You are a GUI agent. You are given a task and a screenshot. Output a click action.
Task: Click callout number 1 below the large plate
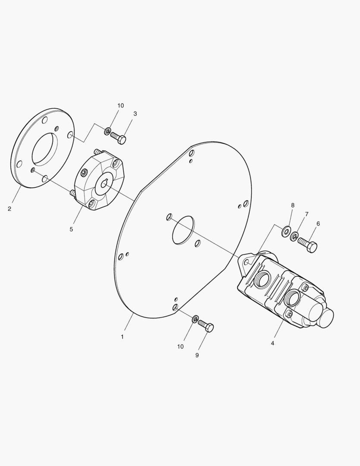pos(122,337)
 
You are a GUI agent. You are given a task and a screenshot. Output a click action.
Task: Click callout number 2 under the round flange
pos(9,209)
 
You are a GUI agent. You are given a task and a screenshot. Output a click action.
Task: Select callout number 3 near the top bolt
pos(135,114)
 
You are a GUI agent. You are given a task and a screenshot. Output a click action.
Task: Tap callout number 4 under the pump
pos(272,343)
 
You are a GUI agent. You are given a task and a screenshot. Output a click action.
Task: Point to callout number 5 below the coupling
pos(71,229)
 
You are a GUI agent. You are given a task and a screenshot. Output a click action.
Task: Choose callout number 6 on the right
pos(318,224)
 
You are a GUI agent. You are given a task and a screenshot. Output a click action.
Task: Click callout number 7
pos(307,214)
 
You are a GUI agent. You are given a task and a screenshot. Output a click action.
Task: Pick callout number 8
pos(293,205)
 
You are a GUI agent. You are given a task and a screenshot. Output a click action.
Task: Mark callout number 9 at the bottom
pos(197,355)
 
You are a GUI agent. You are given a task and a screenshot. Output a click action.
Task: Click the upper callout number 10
pos(120,106)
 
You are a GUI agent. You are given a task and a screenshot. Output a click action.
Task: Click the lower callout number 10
pos(180,346)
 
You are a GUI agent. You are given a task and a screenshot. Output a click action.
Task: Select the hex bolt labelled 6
pos(308,245)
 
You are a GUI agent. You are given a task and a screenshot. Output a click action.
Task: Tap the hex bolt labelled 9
pos(206,326)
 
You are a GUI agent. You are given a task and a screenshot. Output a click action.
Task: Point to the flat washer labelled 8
pos(285,231)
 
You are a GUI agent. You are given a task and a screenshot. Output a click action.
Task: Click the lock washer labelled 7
pos(294,236)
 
